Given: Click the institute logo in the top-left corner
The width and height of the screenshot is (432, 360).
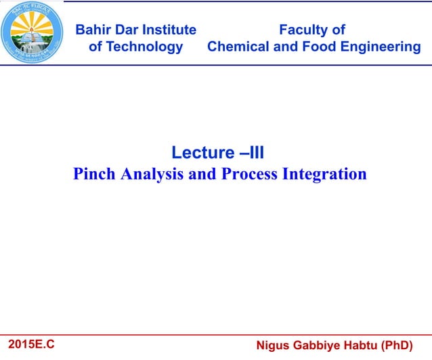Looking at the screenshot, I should [x=31, y=31].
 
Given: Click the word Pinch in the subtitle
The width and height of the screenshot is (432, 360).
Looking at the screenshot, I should [x=93, y=174].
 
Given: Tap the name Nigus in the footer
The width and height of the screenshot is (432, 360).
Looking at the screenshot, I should [x=273, y=346].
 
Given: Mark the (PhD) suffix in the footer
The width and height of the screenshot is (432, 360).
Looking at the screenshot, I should [x=399, y=346].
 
